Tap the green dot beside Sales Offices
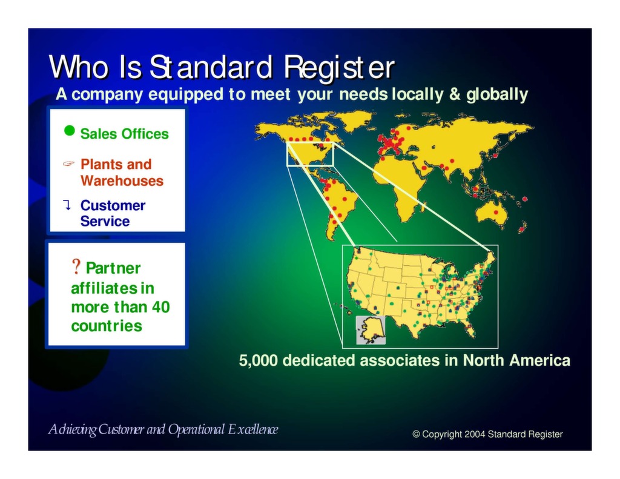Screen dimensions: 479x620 click(70, 131)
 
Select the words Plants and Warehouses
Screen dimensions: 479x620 click(122, 173)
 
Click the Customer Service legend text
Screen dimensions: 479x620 click(113, 213)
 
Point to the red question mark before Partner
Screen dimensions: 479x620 click(76, 266)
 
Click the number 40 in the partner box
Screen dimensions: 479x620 click(160, 307)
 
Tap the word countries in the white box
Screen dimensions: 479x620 click(107, 326)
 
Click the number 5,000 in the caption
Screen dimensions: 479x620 click(259, 361)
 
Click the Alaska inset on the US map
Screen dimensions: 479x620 click(370, 330)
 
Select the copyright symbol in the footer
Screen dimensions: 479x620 click(416, 434)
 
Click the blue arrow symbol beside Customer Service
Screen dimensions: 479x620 click(68, 205)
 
